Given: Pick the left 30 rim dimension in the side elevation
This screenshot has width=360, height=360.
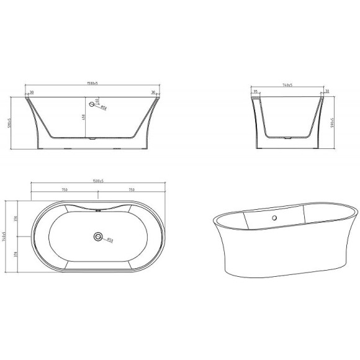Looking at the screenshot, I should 31,92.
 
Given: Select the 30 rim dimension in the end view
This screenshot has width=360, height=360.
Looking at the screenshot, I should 326,92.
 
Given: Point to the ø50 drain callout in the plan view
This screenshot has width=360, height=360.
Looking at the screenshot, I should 109,240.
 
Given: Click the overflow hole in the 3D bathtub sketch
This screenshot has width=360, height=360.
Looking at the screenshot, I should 273,218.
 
